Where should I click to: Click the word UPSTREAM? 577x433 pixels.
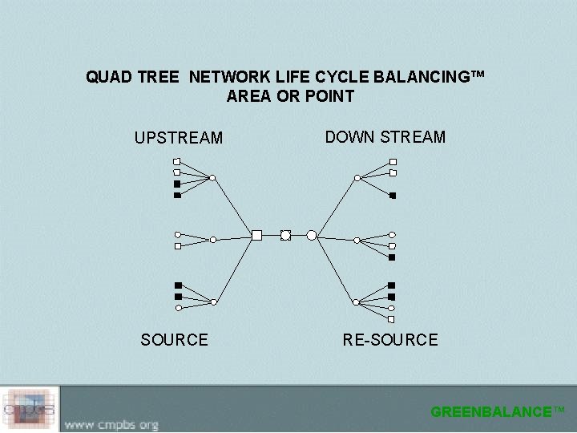point(178,138)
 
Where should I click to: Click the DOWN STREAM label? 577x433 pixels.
point(385,137)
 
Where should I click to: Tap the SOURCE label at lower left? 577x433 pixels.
point(174,340)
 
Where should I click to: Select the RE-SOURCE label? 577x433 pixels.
point(390,340)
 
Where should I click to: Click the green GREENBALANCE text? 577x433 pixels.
point(497,412)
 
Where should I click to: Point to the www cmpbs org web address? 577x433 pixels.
point(111,424)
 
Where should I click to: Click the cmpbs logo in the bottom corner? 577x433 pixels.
point(30,409)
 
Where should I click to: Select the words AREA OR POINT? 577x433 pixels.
point(290,97)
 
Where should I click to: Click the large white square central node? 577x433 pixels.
point(256,235)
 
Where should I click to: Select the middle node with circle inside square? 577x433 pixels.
point(285,235)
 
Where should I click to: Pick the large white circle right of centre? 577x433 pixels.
point(312,235)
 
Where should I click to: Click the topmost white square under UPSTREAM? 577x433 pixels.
point(177,161)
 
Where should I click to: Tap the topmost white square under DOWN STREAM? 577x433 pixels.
point(393,162)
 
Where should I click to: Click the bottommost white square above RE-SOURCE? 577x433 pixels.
point(392,318)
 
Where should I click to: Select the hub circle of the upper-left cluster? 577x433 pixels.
point(212,178)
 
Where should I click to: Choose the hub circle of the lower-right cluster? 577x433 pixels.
point(357,302)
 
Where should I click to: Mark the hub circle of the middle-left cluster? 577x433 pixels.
point(212,239)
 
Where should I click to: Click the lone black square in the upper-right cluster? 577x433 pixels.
point(393,196)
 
